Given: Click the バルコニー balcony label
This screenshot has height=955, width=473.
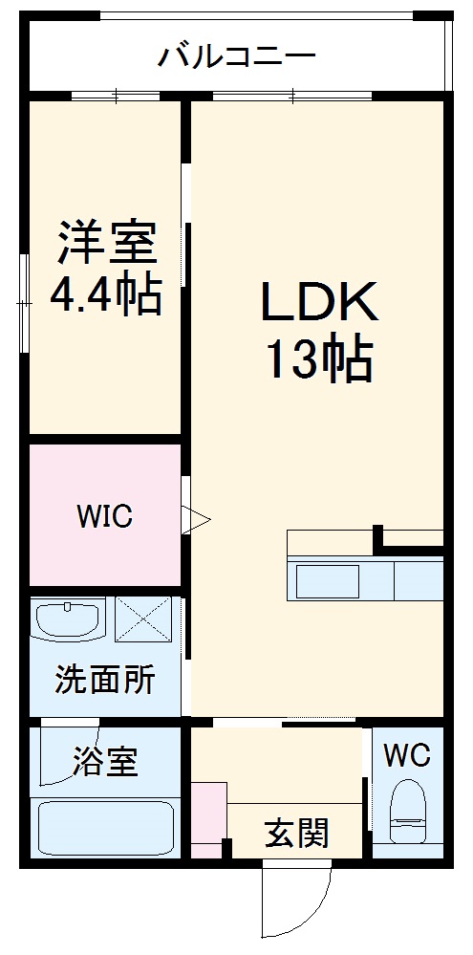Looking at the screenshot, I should [x=236, y=55].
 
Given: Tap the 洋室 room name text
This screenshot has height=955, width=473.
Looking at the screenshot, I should [x=106, y=243].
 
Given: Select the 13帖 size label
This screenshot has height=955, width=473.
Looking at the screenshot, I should [x=318, y=360].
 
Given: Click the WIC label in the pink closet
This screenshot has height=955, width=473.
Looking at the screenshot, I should [x=105, y=516].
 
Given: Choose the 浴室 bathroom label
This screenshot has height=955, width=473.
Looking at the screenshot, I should [x=105, y=762].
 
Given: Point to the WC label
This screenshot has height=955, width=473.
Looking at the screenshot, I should [x=407, y=755].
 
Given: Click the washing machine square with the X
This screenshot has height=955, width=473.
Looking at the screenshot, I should [x=142, y=619].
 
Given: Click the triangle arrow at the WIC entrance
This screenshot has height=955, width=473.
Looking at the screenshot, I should [x=195, y=520].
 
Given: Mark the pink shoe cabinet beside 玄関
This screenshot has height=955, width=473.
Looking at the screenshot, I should [x=208, y=820].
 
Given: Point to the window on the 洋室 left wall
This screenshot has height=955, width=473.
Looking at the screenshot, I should [x=24, y=302].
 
